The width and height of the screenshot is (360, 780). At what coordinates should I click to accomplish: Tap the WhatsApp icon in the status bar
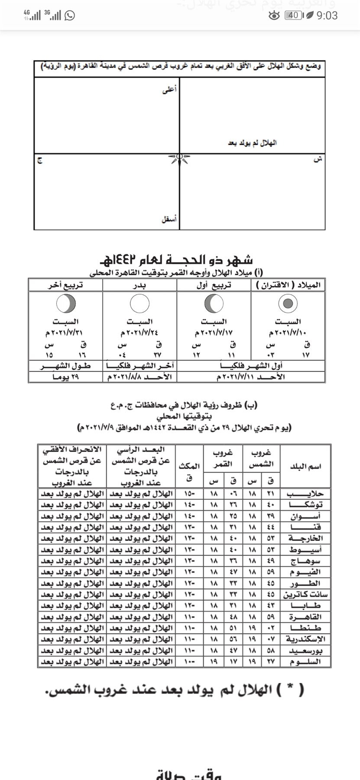point(69,16)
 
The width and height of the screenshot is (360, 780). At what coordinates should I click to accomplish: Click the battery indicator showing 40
point(293,16)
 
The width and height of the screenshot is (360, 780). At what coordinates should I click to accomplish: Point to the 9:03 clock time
point(327,16)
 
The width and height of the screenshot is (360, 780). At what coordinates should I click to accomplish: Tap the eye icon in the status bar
point(274,16)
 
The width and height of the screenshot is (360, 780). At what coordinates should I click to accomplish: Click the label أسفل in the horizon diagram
point(169,220)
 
